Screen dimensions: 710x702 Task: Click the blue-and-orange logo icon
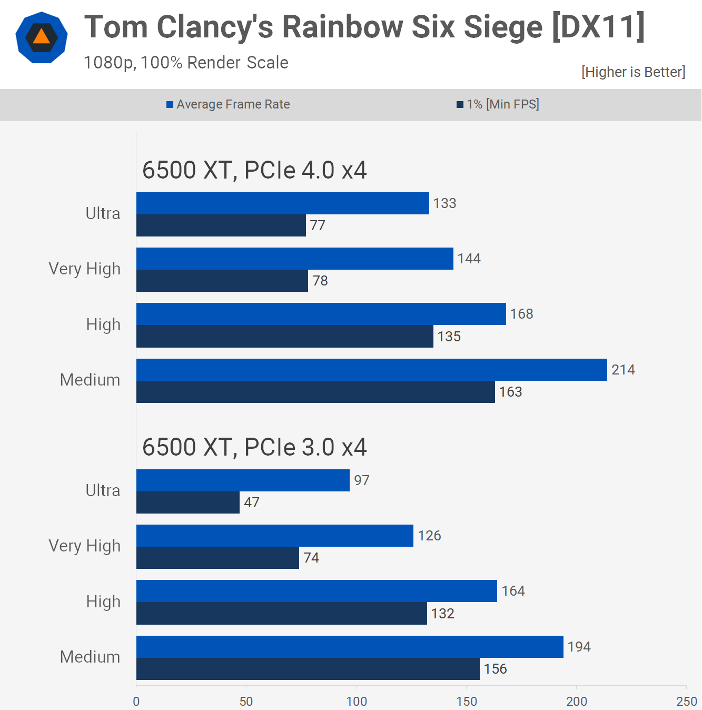[42, 37]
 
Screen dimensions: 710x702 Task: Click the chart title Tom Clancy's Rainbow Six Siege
[364, 27]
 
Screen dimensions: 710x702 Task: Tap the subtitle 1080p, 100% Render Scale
[186, 63]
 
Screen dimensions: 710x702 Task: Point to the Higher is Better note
[633, 72]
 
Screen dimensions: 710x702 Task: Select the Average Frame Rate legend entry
[228, 104]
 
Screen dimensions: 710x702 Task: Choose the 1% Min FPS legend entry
[498, 104]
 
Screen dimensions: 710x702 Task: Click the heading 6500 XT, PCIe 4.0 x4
[254, 170]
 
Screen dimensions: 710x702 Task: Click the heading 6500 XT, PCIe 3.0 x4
[254, 447]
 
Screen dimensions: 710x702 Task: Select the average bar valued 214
[371, 370]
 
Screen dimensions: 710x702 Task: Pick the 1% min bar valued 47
[188, 502]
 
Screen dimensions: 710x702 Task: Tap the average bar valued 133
[283, 203]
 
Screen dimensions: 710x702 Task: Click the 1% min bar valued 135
[284, 337]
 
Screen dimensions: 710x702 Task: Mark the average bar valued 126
[275, 536]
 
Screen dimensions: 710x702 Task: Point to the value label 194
[579, 647]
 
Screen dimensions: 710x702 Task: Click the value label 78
[320, 281]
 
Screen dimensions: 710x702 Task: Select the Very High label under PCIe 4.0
[84, 269]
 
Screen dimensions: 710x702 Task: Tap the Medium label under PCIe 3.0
[90, 657]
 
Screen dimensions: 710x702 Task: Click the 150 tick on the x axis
[467, 701]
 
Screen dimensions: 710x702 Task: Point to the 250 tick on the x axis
[686, 701]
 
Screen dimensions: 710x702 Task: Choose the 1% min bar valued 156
[308, 669]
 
